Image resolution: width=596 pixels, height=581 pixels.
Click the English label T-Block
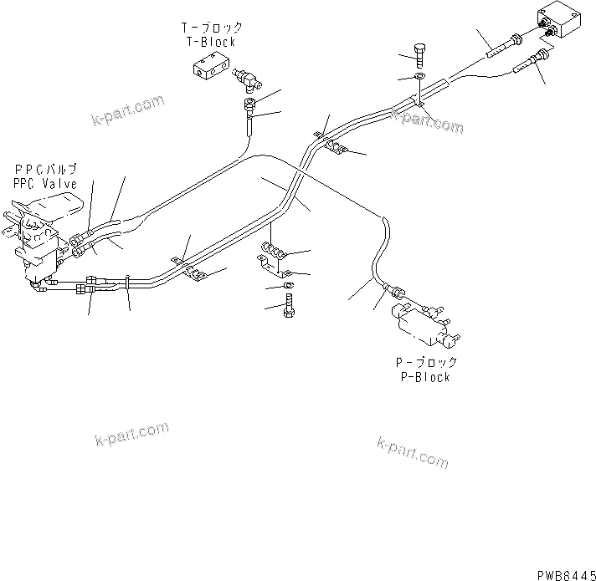pos(210,42)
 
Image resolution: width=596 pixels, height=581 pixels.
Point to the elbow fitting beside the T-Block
pos(247,81)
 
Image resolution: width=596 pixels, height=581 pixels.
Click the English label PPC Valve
pos(44,183)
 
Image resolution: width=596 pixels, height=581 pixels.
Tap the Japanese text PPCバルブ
pos(44,170)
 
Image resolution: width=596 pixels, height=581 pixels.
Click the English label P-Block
pos(426,376)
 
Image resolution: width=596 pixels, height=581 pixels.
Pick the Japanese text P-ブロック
pos(426,363)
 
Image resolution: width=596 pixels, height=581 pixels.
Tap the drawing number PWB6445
pos(563,571)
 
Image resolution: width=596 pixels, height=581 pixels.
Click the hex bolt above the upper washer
pos(419,54)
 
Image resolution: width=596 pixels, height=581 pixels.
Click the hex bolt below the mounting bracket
pos(290,307)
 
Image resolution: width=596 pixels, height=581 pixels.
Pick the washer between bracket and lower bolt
pos(289,287)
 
